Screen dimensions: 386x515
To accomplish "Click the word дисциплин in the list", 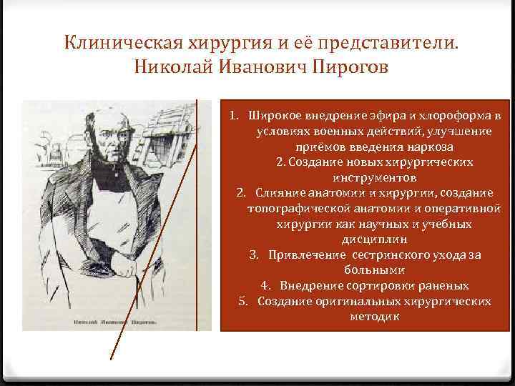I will click(366, 239).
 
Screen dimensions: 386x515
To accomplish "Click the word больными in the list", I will click(366, 270).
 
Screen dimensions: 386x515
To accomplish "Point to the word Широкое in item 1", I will click(277, 116).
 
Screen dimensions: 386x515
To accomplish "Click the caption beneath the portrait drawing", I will click(114, 322).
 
